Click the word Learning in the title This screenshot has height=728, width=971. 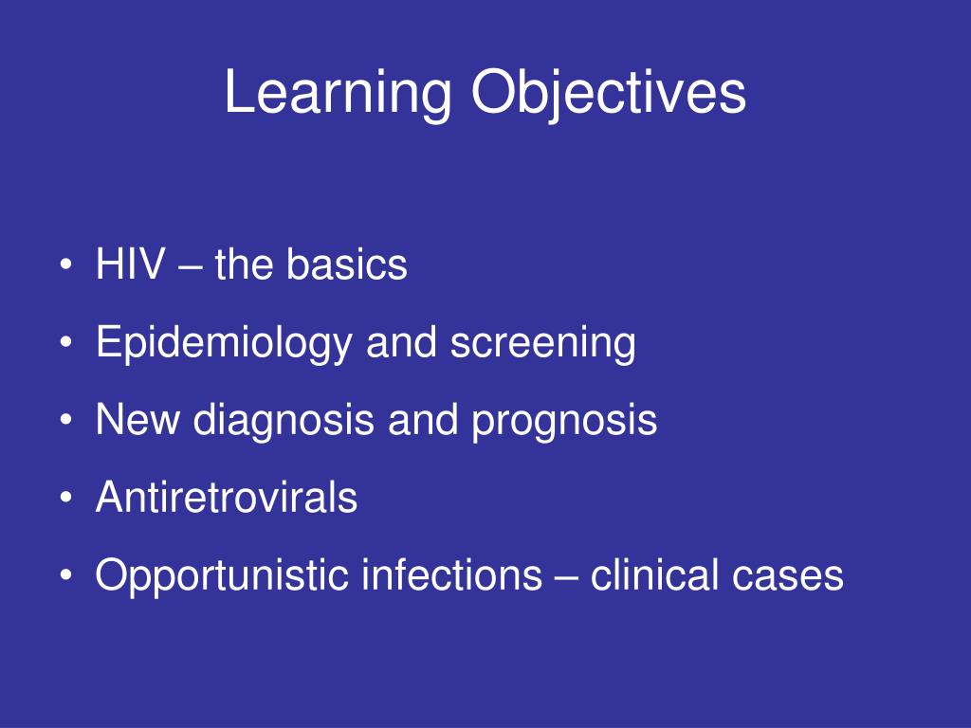pos(339,95)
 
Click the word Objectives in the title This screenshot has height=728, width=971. pos(609,95)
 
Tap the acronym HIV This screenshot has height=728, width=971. pos(127,264)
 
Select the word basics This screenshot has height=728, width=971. pos(347,264)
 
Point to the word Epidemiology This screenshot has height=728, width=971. pos(223,344)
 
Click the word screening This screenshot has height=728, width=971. pos(542,344)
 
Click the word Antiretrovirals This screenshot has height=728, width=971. pos(227,498)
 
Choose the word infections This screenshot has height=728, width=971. pos(450,574)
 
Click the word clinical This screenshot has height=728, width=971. pos(654,574)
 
